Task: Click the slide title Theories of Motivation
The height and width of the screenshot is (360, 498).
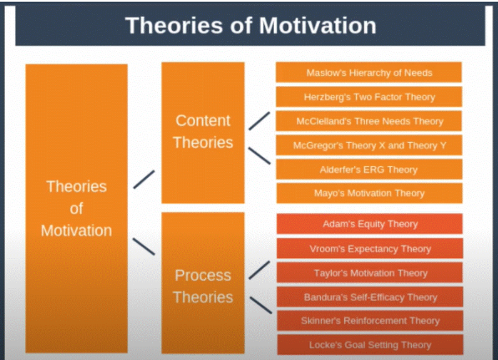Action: point(250,24)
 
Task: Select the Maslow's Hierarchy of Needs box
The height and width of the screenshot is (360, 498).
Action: point(368,73)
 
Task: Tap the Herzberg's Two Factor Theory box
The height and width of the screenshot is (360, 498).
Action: point(368,97)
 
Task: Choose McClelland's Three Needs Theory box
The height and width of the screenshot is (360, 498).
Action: point(368,121)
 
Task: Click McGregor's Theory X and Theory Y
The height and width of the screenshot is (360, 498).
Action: point(368,145)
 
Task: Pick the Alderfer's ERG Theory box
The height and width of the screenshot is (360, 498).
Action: point(368,170)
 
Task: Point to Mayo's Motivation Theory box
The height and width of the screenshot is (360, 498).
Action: point(368,193)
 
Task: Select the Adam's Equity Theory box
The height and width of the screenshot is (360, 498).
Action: point(368,224)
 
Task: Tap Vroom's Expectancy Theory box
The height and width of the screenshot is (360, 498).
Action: point(368,248)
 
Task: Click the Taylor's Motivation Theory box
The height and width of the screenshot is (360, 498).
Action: point(368,272)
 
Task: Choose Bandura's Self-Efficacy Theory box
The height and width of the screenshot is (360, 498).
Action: point(368,297)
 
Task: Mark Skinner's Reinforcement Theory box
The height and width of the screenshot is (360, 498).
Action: point(368,321)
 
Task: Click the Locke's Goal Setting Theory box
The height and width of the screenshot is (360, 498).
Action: point(368,344)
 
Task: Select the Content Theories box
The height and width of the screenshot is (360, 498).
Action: point(203,132)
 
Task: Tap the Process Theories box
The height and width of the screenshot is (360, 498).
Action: point(203,284)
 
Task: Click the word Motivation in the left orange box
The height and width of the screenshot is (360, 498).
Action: point(76,229)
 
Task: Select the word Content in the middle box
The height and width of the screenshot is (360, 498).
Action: point(203,120)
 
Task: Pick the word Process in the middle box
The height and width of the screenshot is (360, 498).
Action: point(203,275)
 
